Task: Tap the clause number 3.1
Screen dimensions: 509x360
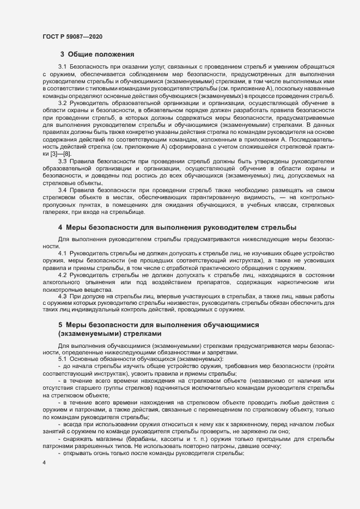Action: (62, 66)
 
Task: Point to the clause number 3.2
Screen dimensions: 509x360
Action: (62, 103)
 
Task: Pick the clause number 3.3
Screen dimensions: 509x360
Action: (62, 161)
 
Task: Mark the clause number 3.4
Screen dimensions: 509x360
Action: (62, 190)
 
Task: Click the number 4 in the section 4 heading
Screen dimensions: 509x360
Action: (60, 226)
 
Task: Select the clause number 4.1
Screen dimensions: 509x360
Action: (62, 253)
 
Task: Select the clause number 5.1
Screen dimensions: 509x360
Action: (62, 359)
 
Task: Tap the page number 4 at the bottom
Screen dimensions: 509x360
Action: (44, 462)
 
